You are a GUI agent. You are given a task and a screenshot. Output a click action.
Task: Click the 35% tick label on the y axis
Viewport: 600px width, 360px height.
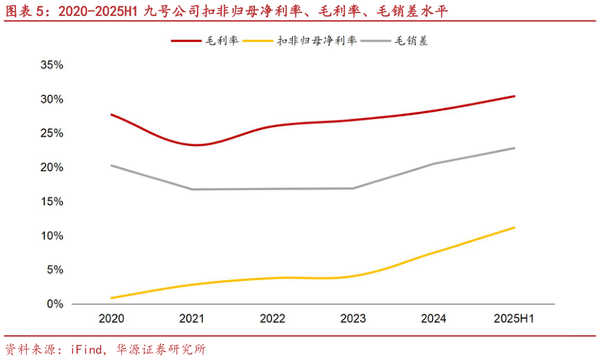[52, 65]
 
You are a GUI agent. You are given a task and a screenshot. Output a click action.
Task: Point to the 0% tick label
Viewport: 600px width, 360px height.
[55, 304]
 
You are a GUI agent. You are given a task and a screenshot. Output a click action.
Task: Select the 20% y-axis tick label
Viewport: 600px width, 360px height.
[52, 168]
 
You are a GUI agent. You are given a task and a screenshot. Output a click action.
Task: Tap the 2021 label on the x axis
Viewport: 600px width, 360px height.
[192, 319]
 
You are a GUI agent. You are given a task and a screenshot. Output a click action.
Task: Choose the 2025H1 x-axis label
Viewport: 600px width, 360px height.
[514, 319]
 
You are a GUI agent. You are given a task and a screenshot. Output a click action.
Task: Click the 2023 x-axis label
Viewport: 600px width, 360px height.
[353, 319]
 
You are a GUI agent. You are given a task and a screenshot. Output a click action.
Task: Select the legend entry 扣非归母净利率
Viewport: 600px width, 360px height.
[317, 41]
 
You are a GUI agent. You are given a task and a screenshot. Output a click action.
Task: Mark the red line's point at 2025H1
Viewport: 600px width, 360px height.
[514, 96]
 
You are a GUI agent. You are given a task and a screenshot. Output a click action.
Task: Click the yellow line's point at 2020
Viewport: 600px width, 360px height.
[111, 298]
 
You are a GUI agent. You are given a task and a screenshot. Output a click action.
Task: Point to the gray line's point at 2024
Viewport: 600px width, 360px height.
[434, 163]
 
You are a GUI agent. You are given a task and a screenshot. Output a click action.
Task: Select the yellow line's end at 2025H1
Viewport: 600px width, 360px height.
[514, 227]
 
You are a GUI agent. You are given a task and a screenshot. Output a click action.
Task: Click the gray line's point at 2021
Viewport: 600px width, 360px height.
[192, 189]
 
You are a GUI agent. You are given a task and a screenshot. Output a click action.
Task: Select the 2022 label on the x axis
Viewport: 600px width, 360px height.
[272, 319]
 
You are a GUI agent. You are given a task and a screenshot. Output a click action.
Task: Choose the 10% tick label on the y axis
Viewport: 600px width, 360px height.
[52, 236]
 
